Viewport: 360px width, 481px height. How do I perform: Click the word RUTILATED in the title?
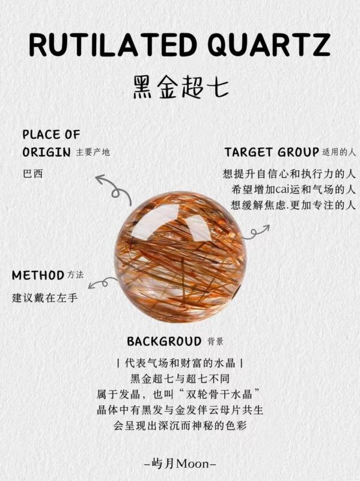pyautogui.click(x=113, y=45)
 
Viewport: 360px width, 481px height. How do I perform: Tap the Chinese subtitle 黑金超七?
pyautogui.click(x=180, y=87)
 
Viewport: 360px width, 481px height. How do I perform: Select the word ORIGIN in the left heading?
pyautogui.click(x=47, y=152)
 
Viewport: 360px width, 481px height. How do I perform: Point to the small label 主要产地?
pyautogui.click(x=93, y=152)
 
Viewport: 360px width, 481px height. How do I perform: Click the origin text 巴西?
pyautogui.click(x=33, y=174)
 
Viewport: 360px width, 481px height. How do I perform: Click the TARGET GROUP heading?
pyautogui.click(x=272, y=152)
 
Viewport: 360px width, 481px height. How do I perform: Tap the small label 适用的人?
pyautogui.click(x=339, y=152)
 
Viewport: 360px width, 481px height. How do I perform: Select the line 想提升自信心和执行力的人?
pyautogui.click(x=289, y=174)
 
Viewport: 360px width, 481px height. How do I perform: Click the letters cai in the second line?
pyautogui.click(x=282, y=189)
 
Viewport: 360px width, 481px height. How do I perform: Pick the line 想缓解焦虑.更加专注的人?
pyautogui.click(x=293, y=205)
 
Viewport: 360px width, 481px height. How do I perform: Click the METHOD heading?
pyautogui.click(x=38, y=275)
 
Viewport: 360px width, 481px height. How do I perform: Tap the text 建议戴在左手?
pyautogui.click(x=44, y=298)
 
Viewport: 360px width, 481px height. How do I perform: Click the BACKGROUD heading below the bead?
pyautogui.click(x=164, y=341)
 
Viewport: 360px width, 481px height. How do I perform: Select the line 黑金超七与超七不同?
pyautogui.click(x=180, y=379)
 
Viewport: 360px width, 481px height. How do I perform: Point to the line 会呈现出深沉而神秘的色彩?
pyautogui.click(x=180, y=426)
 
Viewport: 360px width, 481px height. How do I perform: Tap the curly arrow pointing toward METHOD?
pyautogui.click(x=103, y=283)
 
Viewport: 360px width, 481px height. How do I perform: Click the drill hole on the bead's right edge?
pyautogui.click(x=237, y=292)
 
